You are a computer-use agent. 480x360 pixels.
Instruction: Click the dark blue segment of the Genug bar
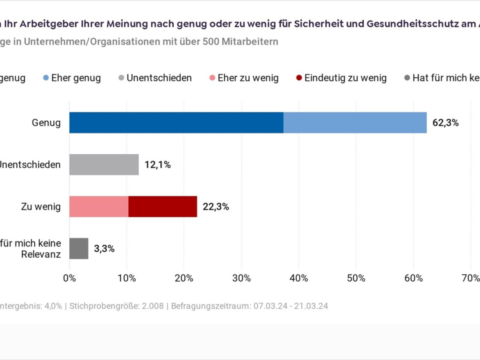click(176, 122)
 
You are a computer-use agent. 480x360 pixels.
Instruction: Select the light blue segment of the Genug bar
click(355, 122)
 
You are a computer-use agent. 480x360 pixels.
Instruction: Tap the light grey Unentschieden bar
click(104, 164)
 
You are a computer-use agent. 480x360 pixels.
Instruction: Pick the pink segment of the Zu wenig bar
click(99, 206)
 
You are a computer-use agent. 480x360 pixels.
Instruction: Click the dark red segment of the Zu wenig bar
click(163, 206)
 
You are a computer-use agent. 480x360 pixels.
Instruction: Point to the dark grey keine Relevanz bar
click(79, 248)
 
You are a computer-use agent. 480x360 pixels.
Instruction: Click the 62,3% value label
click(446, 123)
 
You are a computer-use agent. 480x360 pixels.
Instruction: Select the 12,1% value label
click(158, 165)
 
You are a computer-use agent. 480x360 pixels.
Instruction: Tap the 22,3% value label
click(216, 207)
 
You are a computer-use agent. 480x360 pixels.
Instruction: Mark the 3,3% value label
click(104, 249)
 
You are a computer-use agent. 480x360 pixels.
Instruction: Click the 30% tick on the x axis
click(242, 278)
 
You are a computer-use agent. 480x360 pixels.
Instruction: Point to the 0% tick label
click(70, 278)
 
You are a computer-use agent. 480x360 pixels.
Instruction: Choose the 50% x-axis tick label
click(356, 278)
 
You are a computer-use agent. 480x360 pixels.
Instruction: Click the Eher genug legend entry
click(76, 78)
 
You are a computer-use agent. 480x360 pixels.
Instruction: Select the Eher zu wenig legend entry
click(248, 78)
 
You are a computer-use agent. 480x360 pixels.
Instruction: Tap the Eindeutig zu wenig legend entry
click(345, 78)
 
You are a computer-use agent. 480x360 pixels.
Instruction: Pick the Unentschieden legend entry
click(159, 78)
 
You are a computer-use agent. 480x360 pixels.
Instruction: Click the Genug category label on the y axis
click(46, 123)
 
